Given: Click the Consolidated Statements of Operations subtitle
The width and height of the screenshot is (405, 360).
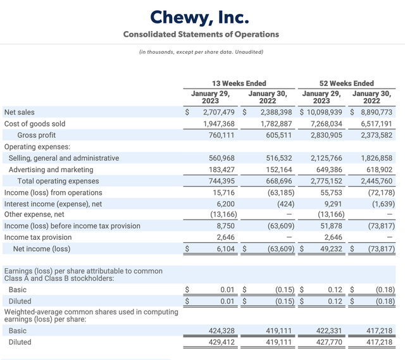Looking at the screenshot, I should (x=201, y=34).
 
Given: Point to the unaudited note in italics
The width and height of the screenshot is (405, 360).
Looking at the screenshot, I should (x=201, y=52).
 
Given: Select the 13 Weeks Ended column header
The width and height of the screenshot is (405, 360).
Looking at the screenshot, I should (x=238, y=84).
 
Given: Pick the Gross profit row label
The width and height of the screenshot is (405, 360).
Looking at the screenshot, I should (x=37, y=135).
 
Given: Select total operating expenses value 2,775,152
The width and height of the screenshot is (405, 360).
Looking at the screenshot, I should (x=325, y=181).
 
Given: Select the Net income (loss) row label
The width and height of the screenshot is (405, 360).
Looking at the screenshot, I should (x=42, y=249).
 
